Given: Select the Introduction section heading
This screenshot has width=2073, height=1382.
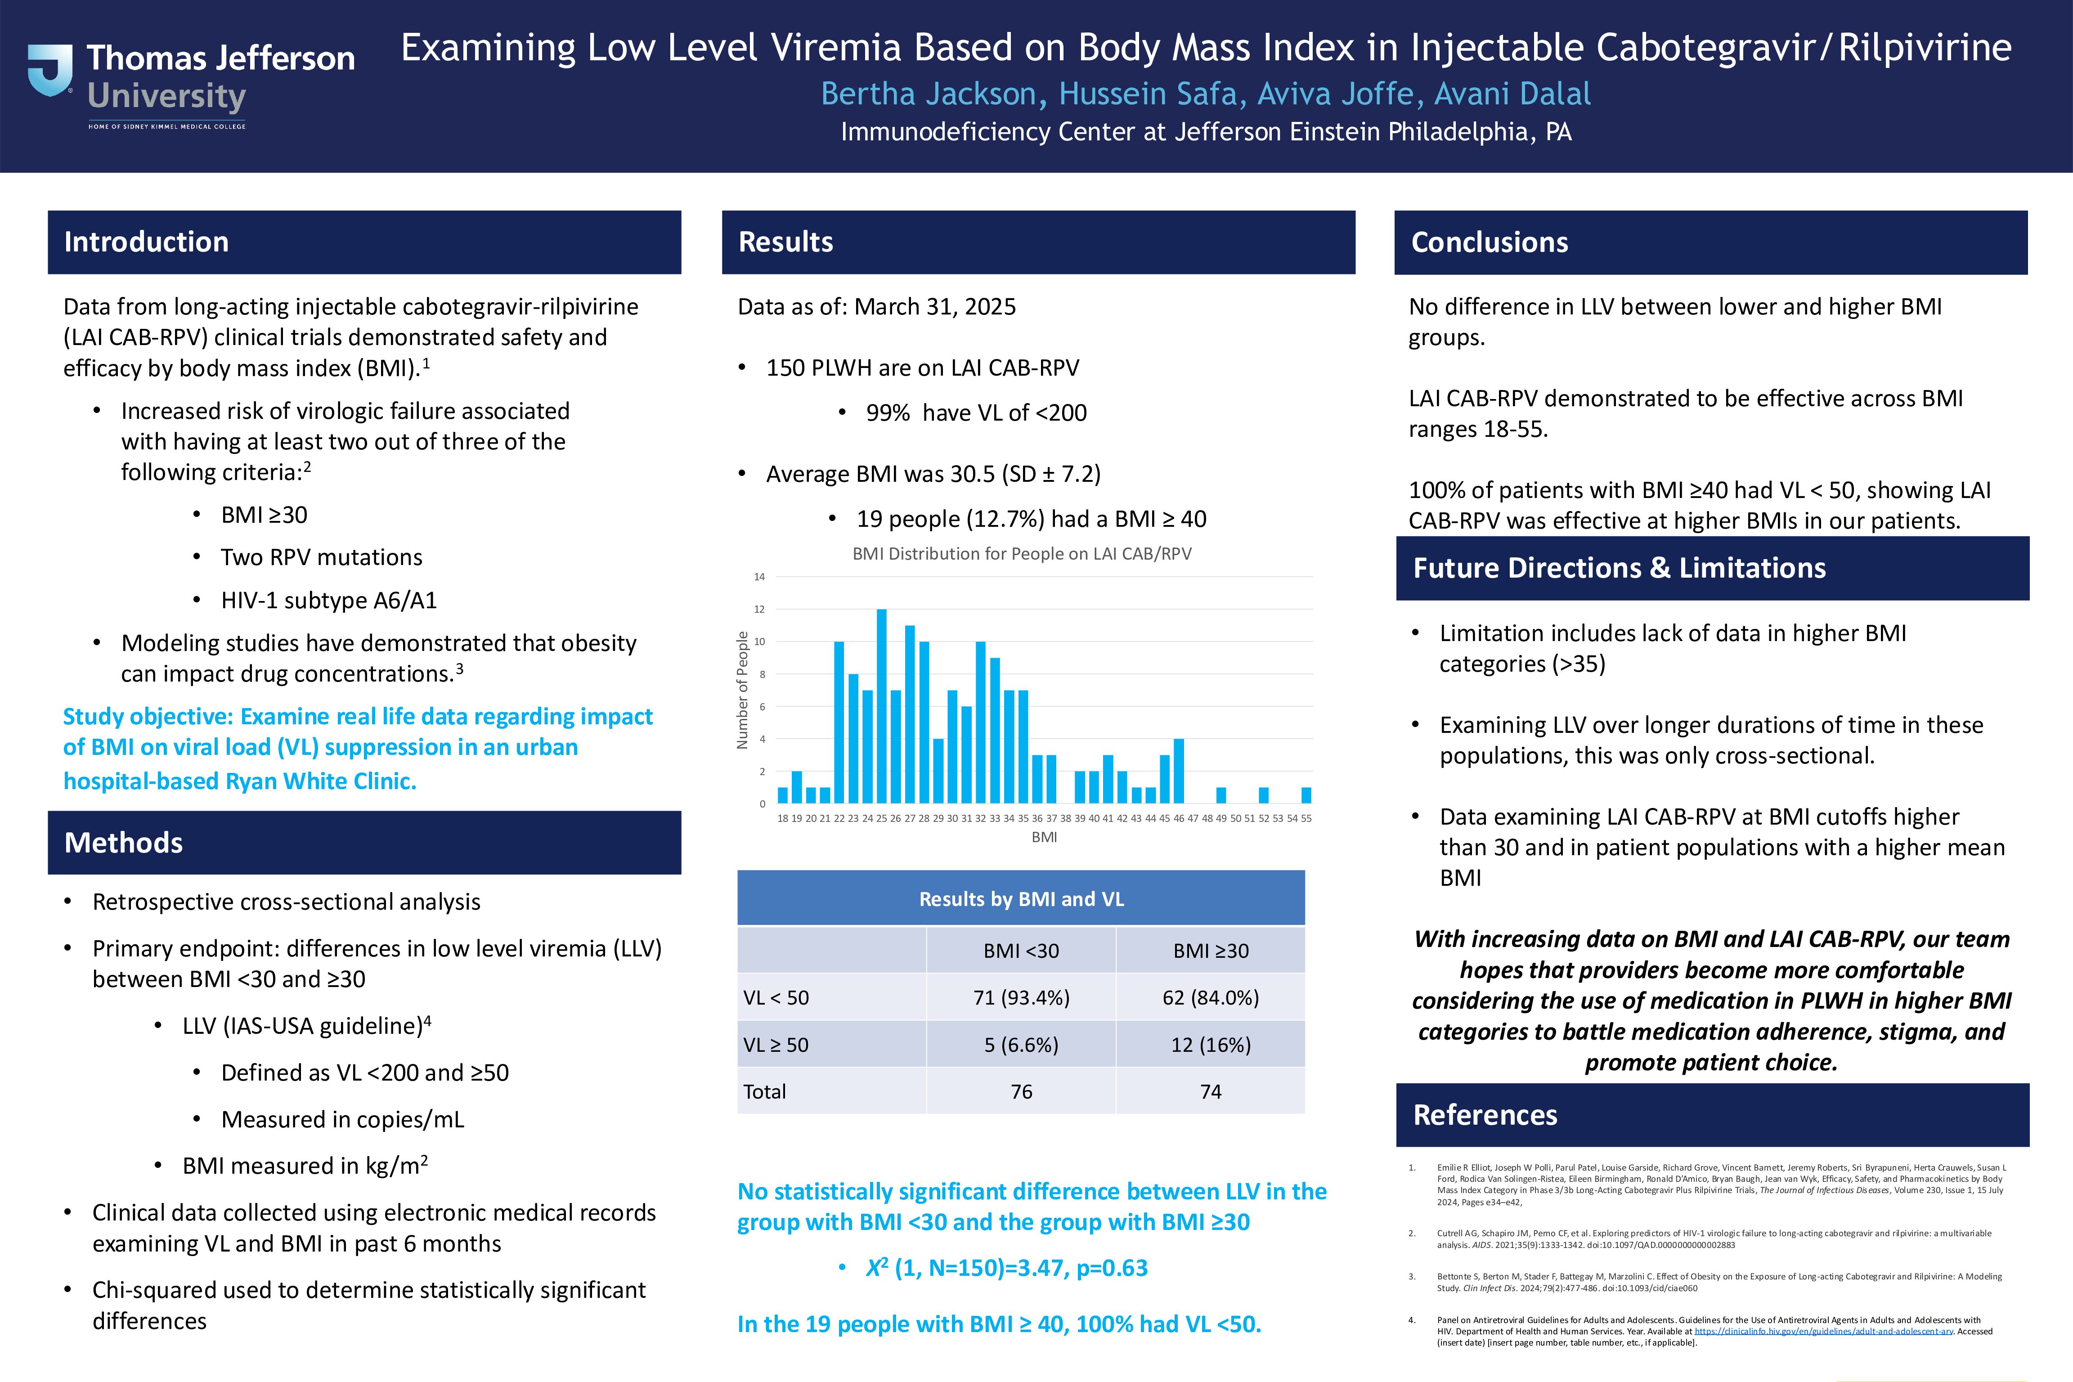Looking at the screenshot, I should [x=146, y=242].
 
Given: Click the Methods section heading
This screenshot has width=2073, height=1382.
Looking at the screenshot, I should [x=123, y=843].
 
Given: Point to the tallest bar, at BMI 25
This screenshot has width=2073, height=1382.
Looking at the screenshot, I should [x=881, y=705].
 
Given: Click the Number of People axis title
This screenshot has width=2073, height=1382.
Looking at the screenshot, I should [x=742, y=690].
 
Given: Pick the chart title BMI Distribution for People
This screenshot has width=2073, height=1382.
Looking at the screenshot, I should [x=1022, y=553].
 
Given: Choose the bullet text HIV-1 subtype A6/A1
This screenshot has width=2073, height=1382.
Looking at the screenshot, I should [x=329, y=600].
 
